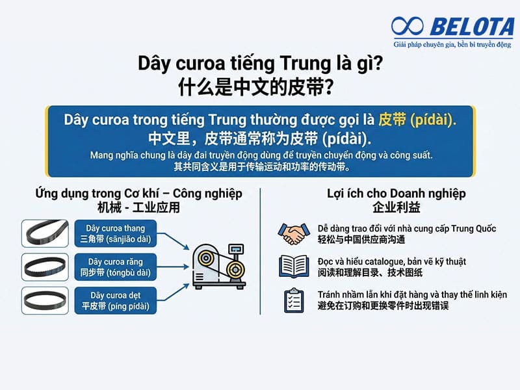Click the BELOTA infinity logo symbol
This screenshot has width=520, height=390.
point(408,27)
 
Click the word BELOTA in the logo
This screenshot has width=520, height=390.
point(467,27)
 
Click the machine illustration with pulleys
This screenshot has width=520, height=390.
point(218,265)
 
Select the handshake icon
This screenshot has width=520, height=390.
point(293,233)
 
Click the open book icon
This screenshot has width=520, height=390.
point(293,266)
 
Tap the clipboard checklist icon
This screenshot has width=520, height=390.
point(294,300)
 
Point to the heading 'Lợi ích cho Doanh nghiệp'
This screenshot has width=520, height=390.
point(396,194)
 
